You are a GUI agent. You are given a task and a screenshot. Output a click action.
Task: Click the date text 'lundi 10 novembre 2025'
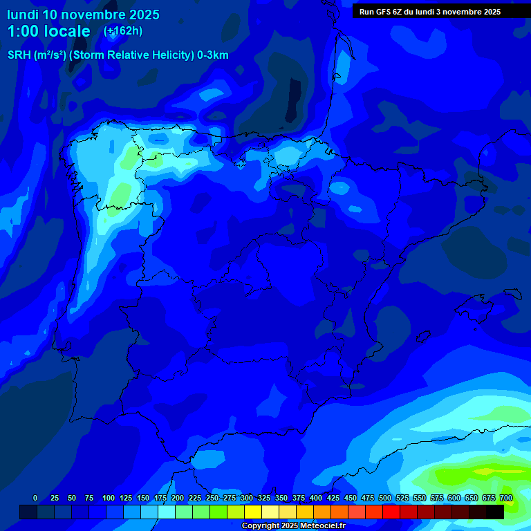(83, 15)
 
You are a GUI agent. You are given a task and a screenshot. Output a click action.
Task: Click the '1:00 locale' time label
(49, 31)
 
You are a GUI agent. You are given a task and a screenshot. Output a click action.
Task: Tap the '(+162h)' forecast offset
(122, 31)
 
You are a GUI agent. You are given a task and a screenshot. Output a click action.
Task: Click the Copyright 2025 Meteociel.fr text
(293, 526)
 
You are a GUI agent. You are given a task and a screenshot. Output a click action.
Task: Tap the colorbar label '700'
(505, 498)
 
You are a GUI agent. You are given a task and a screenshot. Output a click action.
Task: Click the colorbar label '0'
(35, 498)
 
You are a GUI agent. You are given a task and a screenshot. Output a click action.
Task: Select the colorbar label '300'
(246, 498)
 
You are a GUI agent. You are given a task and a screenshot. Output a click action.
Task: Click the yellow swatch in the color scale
(253, 512)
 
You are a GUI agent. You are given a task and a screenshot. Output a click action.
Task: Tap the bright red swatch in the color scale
(391, 512)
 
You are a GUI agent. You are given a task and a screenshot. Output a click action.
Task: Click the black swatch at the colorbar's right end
(495, 512)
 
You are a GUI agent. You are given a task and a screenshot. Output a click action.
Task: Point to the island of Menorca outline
(512, 293)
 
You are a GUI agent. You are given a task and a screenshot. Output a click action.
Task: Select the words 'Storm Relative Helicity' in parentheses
(131, 55)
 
